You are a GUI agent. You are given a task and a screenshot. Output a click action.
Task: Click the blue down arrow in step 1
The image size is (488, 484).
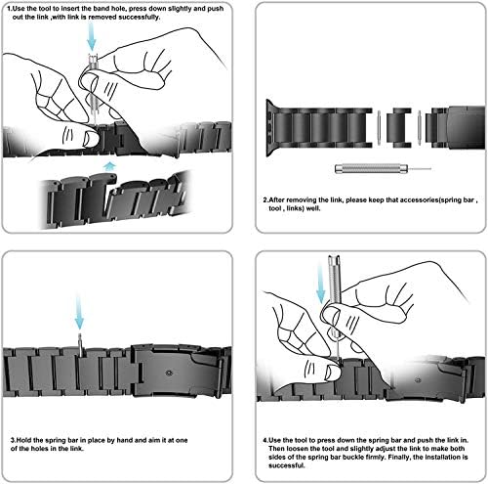pos(92,38)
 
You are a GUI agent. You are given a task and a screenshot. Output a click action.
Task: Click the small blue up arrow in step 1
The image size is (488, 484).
pos(109,166)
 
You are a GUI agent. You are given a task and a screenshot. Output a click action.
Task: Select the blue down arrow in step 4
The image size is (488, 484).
pos(321,284)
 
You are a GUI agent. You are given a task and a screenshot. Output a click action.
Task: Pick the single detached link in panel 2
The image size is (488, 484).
pos(398,127)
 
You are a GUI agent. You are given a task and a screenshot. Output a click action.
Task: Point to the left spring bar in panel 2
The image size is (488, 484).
pos(379,127)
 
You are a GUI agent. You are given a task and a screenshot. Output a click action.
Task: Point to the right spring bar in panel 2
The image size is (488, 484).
pos(420,127)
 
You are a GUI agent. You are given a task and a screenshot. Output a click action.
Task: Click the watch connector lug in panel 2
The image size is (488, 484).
pos(270,128)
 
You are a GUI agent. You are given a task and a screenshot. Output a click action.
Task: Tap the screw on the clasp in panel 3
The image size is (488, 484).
pos(169,373)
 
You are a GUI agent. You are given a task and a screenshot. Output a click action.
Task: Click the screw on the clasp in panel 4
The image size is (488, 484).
pos(418,380)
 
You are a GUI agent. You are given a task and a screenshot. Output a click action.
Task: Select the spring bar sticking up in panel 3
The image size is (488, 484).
pos(80,345)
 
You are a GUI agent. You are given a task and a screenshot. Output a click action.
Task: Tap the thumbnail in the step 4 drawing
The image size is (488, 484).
pos(332,373)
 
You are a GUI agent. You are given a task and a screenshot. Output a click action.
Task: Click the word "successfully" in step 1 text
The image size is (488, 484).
pos(139,17)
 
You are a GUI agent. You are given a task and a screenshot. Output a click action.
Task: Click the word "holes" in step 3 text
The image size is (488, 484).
pos(42,449)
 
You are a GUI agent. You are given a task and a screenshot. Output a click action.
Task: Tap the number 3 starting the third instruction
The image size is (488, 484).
pos(13,440)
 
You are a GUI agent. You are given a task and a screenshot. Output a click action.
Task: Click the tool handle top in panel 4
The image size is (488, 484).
pos(334,260)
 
